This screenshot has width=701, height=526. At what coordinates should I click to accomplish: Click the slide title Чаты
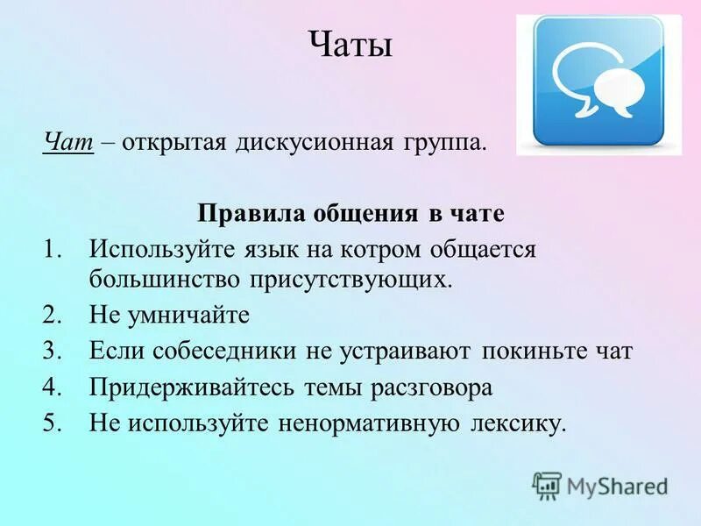350,44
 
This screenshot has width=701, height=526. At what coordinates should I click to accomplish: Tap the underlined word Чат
68,142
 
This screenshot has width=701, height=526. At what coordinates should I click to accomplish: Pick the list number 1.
53,249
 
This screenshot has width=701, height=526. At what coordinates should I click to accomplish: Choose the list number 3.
53,352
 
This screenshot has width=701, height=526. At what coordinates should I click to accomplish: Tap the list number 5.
53,423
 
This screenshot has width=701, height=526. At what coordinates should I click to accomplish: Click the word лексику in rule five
517,423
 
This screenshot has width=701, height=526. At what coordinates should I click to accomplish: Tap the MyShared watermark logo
600,485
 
